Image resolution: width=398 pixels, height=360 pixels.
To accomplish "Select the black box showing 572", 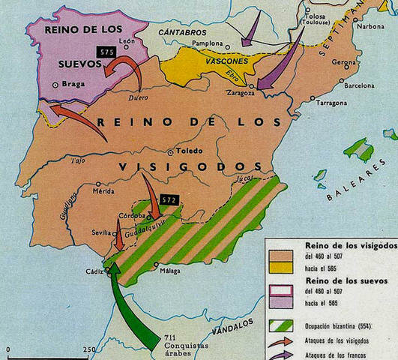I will tap(168, 200).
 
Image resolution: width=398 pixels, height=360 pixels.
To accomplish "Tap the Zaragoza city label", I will tap(241, 94).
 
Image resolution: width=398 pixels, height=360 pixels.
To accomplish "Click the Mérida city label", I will tap(103, 191).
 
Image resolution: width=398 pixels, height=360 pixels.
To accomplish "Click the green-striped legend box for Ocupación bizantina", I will tap(280, 326).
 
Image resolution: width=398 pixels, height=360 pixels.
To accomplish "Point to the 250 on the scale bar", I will tap(89, 350).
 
